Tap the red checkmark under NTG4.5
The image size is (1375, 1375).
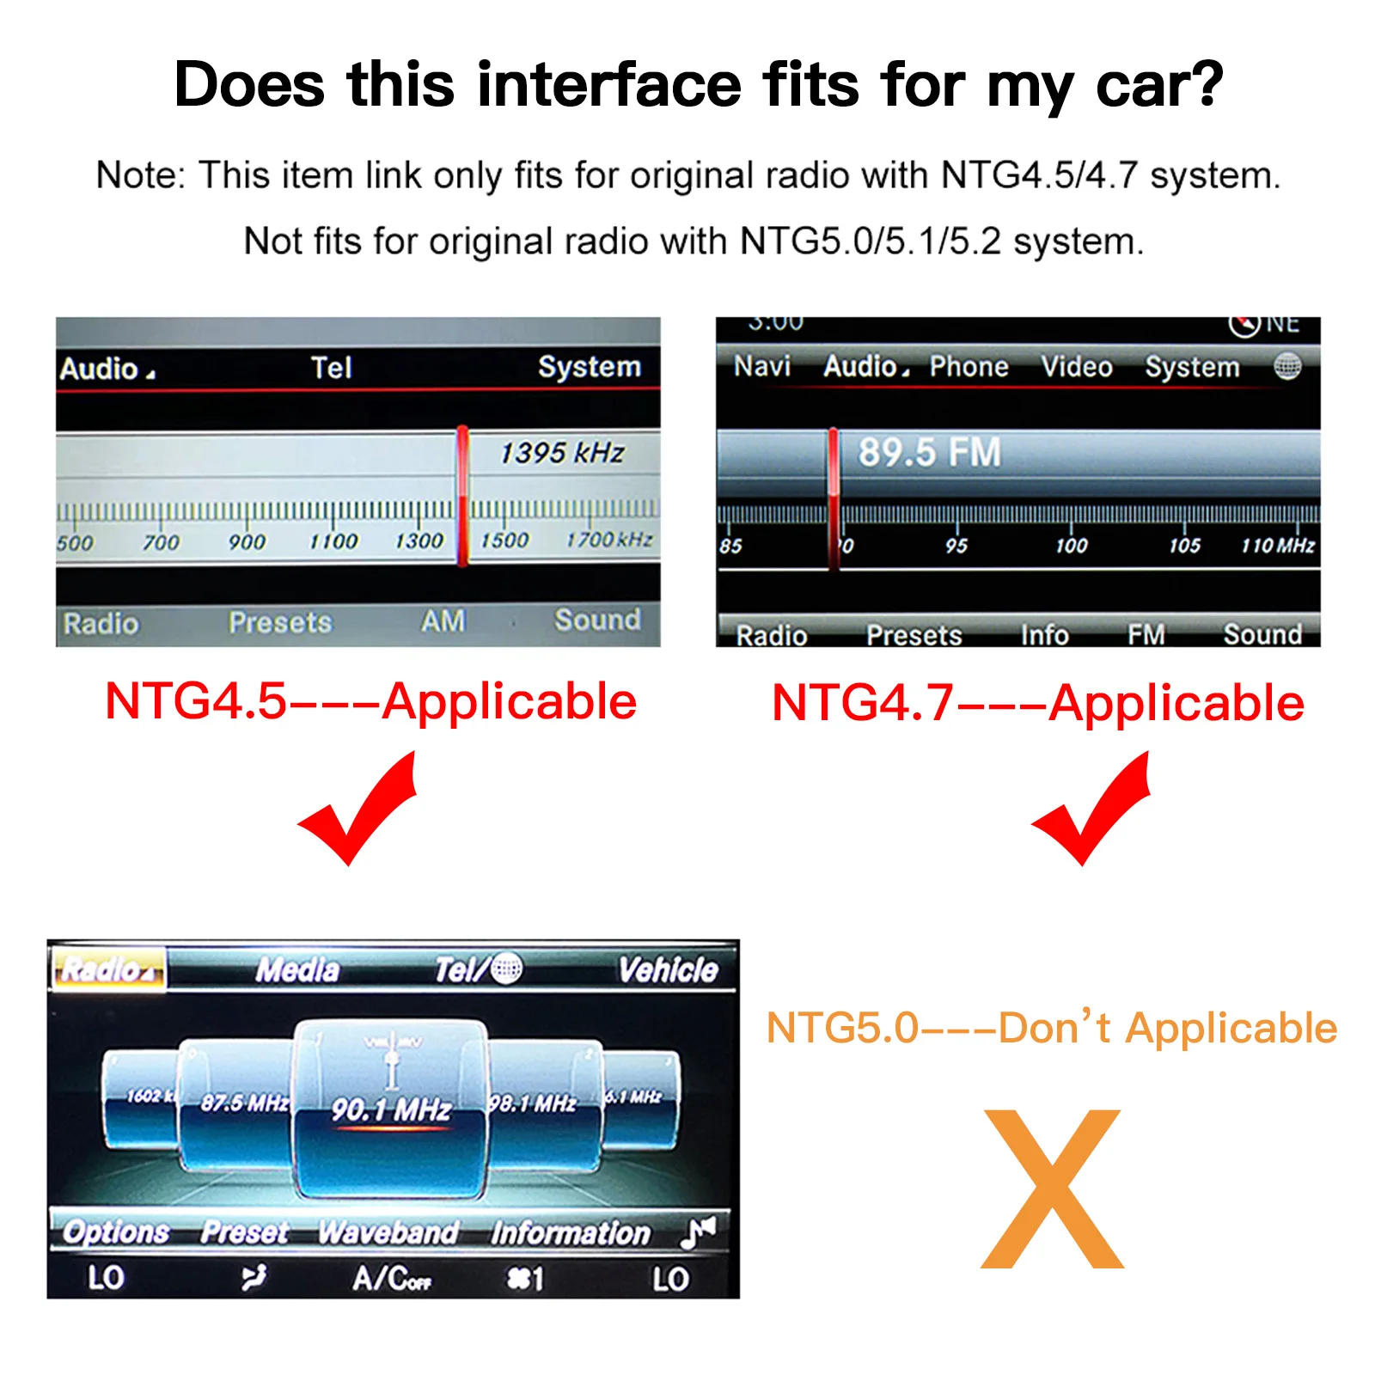pyautogui.click(x=361, y=812)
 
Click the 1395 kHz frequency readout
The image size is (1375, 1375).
pyautogui.click(x=562, y=452)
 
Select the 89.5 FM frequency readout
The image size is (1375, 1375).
pyautogui.click(x=929, y=452)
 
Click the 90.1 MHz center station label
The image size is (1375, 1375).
pyautogui.click(x=391, y=1109)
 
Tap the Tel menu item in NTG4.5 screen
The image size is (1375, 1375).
pyautogui.click(x=331, y=368)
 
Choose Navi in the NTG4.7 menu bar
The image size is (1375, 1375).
pyautogui.click(x=761, y=366)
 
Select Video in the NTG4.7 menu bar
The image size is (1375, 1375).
pyautogui.click(x=1076, y=367)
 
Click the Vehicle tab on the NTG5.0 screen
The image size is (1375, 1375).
pyautogui.click(x=668, y=970)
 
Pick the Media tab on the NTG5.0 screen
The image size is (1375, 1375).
pyautogui.click(x=297, y=970)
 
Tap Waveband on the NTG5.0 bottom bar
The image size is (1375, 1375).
pyautogui.click(x=388, y=1232)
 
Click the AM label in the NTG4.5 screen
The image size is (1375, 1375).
pyautogui.click(x=443, y=620)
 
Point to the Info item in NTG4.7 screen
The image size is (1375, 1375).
pyautogui.click(x=1044, y=635)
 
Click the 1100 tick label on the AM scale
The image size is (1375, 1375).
pyautogui.click(x=333, y=541)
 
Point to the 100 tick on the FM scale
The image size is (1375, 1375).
pyautogui.click(x=1071, y=545)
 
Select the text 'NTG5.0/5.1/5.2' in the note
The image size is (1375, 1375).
pyautogui.click(x=870, y=241)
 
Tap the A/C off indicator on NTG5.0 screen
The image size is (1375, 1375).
pyautogui.click(x=391, y=1279)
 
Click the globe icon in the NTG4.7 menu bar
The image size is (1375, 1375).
pyautogui.click(x=1286, y=367)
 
